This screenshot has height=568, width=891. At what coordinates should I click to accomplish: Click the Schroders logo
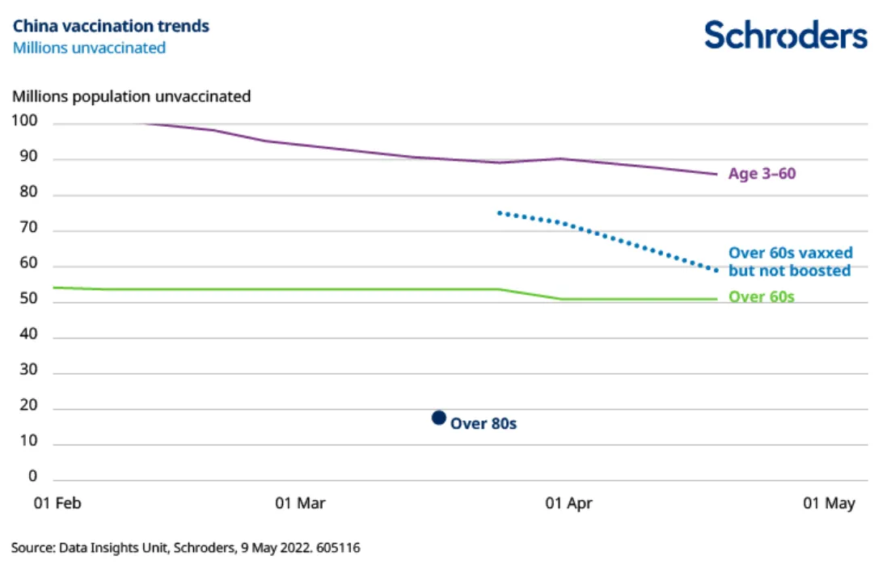[x=785, y=35]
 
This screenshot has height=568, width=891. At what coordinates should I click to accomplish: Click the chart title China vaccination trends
[x=111, y=26]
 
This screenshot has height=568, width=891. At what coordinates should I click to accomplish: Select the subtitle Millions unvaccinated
[x=89, y=48]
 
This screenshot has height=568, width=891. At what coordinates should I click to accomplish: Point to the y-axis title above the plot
[x=131, y=97]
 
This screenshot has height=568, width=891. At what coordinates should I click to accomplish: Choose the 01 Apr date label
[x=568, y=503]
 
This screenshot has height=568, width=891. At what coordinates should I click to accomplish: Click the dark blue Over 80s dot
[x=439, y=418]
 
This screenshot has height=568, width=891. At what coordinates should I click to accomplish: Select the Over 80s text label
[x=484, y=423]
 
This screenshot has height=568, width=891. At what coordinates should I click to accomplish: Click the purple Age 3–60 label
[x=762, y=173]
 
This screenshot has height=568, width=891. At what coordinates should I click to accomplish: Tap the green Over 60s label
[x=761, y=297]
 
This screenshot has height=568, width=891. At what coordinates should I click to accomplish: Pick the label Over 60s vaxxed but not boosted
[x=790, y=262]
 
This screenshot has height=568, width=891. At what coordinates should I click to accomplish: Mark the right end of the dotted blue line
[x=716, y=270]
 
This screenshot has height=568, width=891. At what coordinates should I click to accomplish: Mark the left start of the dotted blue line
[x=500, y=212]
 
